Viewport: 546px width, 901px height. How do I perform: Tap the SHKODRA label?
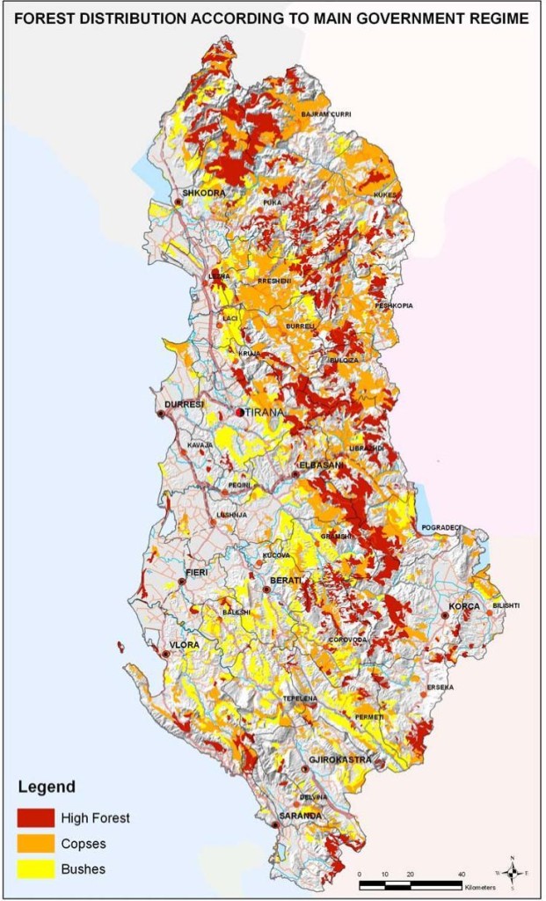click(x=203, y=193)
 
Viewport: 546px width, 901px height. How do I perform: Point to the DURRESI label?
click(x=184, y=404)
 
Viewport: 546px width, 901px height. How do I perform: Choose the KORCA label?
click(x=464, y=606)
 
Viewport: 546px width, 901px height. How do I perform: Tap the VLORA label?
click(x=185, y=644)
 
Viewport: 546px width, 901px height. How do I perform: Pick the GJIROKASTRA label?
click(x=340, y=758)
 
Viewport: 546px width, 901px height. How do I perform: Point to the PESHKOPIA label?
click(x=393, y=305)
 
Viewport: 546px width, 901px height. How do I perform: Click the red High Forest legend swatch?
click(x=35, y=817)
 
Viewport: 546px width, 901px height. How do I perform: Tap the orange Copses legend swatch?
click(x=35, y=843)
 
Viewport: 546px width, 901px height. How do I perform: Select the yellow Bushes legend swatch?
click(x=35, y=868)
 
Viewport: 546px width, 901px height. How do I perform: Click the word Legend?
click(x=46, y=787)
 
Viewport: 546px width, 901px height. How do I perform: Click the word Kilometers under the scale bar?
click(x=481, y=887)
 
